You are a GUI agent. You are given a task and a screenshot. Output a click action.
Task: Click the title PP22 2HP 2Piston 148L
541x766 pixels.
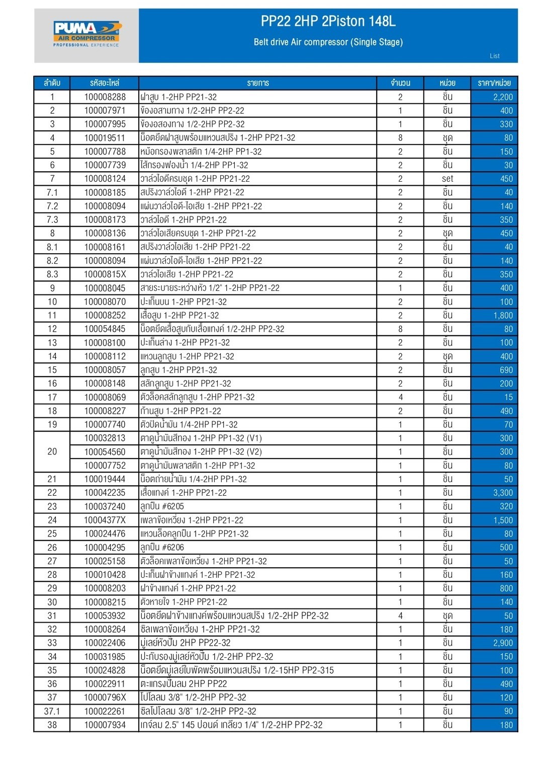coord(328,21)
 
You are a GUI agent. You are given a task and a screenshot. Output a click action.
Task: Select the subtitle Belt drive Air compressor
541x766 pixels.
coord(328,42)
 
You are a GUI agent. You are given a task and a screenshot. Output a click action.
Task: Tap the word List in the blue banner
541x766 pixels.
coord(494,56)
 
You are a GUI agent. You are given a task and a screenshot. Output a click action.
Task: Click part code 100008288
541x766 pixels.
coord(105,97)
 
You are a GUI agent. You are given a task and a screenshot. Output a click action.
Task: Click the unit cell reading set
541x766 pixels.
coord(447,179)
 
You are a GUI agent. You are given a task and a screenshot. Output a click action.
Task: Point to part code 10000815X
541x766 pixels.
coord(105,274)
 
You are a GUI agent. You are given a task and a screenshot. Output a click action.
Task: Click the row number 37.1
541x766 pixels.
coord(52,711)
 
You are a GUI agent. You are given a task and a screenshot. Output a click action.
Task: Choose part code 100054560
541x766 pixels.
coord(105,452)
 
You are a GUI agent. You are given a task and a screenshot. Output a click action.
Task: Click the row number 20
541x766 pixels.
coord(52,451)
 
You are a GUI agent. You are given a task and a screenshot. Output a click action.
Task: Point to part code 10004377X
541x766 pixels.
coord(105,520)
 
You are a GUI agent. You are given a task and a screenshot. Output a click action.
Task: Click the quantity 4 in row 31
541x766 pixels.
coord(400,616)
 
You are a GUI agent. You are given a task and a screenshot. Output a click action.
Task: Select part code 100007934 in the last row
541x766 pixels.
coord(105,725)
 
